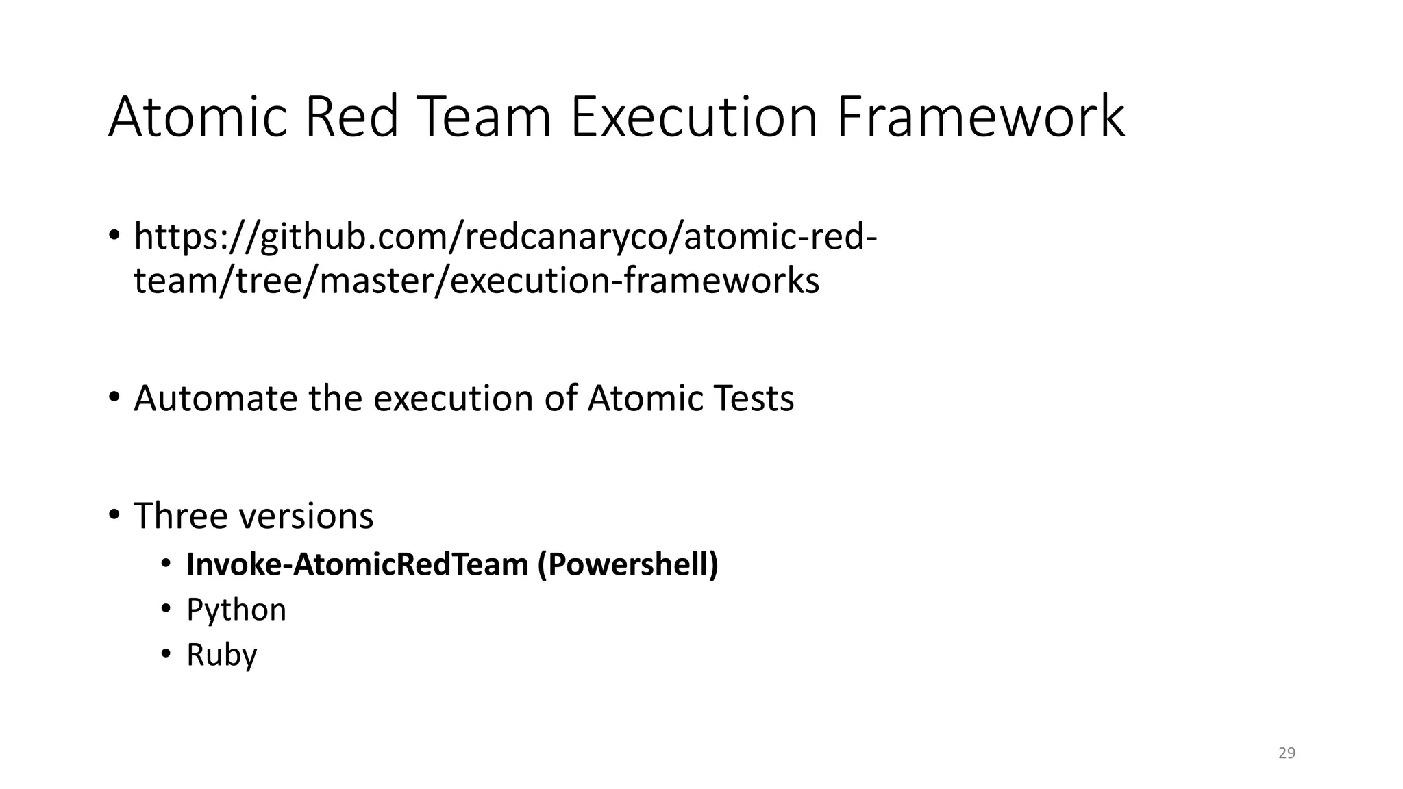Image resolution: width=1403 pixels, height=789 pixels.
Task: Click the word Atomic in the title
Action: [x=197, y=117]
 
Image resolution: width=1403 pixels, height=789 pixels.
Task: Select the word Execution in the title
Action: [x=693, y=117]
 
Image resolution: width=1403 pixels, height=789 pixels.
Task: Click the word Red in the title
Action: [x=351, y=117]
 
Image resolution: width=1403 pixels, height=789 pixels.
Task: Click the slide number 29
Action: [x=1287, y=753]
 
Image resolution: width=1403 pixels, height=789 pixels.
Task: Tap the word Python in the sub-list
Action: [x=236, y=610]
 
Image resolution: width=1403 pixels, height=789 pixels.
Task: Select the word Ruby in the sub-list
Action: [x=221, y=655]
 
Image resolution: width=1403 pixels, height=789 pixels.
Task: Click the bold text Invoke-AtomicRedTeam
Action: [x=358, y=564]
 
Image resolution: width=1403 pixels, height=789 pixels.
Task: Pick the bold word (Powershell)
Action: [x=628, y=564]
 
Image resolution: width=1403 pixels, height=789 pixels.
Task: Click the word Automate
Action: [x=215, y=398]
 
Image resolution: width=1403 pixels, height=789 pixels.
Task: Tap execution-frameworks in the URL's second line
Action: [x=634, y=281]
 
